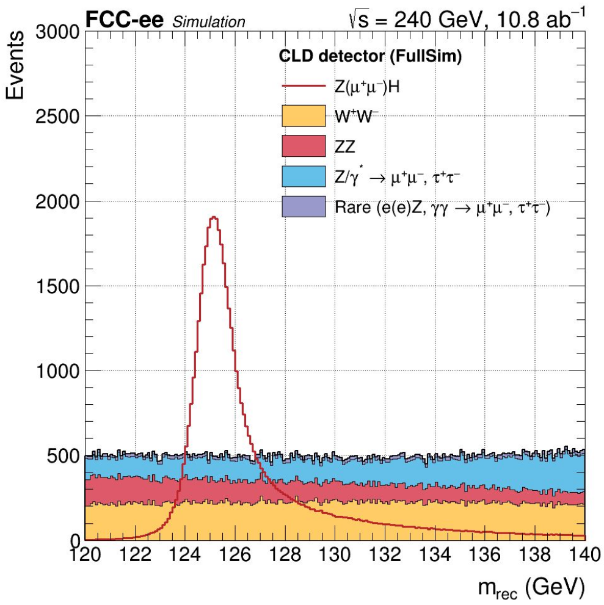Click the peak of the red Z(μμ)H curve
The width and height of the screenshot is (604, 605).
(214, 217)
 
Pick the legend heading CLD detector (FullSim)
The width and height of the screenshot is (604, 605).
(369, 57)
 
